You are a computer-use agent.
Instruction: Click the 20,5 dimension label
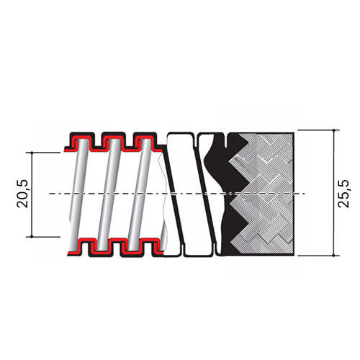pyautogui.click(x=22, y=194)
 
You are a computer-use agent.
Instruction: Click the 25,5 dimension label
pyautogui.click(x=343, y=194)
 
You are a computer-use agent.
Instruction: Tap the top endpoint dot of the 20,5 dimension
pyautogui.click(x=32, y=153)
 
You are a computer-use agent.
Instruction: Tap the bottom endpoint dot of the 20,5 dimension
pyautogui.click(x=32, y=237)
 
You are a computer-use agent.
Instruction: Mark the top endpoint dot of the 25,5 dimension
pyautogui.click(x=334, y=130)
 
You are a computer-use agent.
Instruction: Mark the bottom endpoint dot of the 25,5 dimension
pyautogui.click(x=334, y=256)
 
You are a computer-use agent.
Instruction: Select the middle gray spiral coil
pyautogui.click(x=109, y=194)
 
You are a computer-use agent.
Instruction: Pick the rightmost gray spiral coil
pyautogui.click(x=140, y=194)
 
